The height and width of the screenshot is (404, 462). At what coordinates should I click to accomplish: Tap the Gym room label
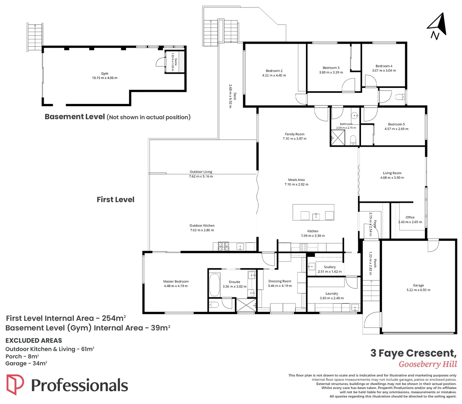(104, 73)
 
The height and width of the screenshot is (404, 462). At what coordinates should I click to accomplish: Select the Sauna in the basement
(175, 62)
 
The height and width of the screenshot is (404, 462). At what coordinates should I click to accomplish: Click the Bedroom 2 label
(274, 71)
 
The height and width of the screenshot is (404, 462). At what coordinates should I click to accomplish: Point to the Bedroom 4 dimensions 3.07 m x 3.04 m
(384, 70)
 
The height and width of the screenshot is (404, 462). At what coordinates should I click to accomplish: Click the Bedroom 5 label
(396, 124)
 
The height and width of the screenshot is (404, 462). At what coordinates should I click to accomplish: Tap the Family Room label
(294, 134)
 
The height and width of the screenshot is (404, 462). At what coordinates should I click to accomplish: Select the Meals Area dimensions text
(296, 184)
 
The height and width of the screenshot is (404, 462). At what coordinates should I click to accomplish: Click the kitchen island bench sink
(316, 217)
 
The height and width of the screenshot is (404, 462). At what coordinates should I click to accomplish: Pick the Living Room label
(392, 173)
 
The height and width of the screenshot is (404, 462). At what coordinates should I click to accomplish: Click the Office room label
(410, 217)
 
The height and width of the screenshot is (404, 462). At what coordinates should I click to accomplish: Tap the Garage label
(418, 285)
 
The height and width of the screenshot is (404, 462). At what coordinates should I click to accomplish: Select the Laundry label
(331, 293)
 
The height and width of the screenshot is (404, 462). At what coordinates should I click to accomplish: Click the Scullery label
(330, 267)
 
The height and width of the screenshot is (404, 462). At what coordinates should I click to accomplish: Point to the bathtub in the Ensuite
(214, 285)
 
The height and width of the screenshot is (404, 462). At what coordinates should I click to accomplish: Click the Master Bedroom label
(176, 281)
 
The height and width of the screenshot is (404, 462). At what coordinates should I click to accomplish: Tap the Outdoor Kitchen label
(202, 225)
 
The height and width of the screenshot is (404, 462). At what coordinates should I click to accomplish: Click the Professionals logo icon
(15, 385)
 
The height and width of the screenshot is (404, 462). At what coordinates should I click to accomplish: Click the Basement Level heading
(75, 117)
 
